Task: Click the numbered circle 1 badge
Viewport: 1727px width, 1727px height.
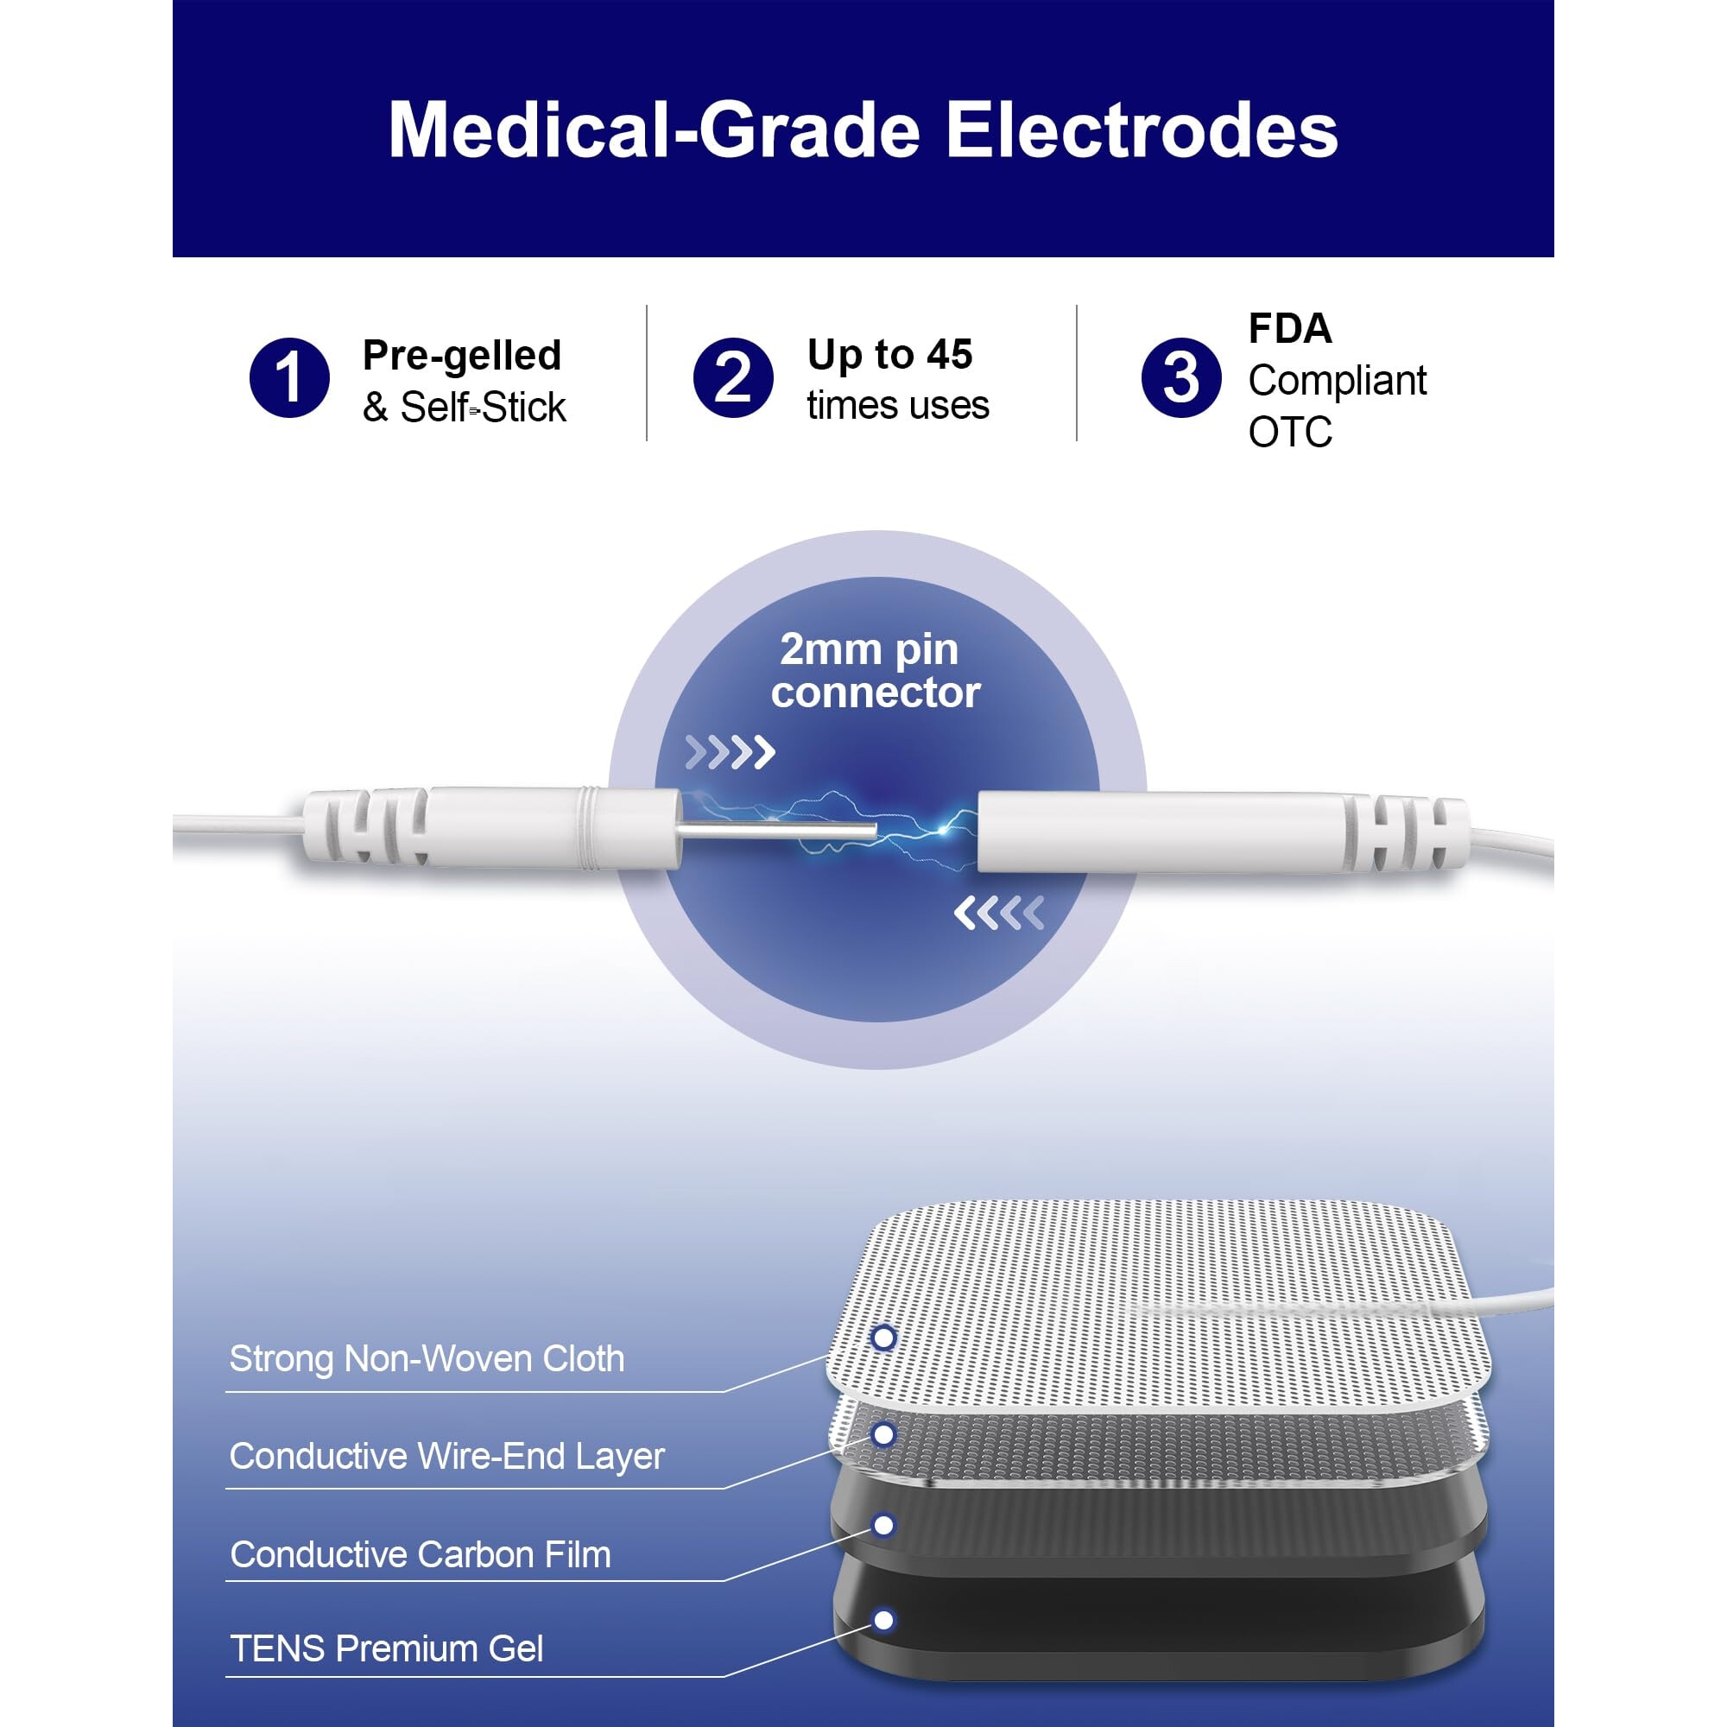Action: click(288, 377)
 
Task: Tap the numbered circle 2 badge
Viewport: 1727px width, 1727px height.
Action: click(733, 377)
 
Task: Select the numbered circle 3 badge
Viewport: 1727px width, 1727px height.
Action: click(1180, 377)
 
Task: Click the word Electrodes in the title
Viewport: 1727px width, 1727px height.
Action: click(1142, 130)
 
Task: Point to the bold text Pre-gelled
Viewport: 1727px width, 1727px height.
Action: click(462, 357)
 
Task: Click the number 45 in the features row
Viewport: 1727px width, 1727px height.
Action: click(948, 355)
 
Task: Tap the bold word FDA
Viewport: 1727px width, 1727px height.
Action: click(1290, 329)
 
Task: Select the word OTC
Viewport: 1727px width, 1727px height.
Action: click(1290, 433)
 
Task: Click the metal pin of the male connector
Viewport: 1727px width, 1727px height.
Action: click(776, 831)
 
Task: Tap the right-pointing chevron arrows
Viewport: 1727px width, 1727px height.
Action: click(730, 753)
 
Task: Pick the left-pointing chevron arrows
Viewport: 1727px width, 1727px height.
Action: click(998, 913)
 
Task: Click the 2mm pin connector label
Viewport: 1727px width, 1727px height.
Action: click(875, 670)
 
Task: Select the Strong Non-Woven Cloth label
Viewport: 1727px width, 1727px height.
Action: click(427, 1357)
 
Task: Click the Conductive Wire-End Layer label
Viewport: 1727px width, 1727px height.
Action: click(447, 1456)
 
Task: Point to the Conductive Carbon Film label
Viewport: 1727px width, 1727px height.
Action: click(421, 1554)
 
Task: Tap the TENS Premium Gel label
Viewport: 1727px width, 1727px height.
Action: click(386, 1648)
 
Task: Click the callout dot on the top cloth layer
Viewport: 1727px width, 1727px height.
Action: click(883, 1338)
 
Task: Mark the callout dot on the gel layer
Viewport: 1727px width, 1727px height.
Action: click(883, 1620)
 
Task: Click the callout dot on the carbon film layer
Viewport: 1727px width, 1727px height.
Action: click(883, 1525)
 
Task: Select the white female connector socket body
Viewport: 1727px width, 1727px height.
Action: click(1162, 832)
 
